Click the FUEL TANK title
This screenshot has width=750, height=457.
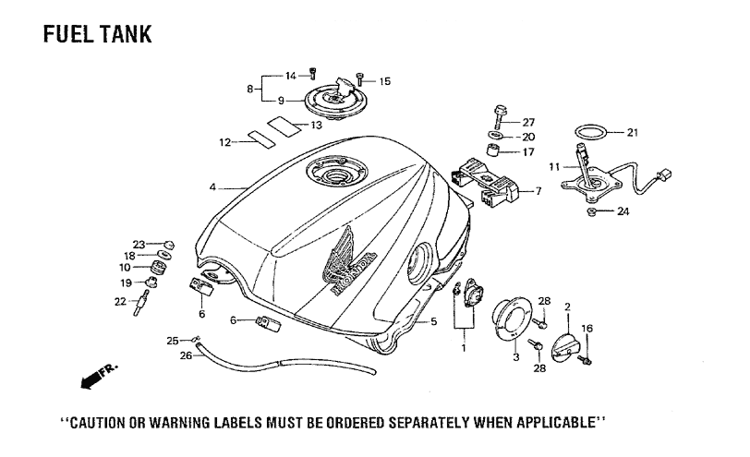[98, 34]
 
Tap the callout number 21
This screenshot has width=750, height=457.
[633, 132]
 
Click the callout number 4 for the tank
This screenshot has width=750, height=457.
[212, 187]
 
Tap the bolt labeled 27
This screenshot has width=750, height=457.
[499, 116]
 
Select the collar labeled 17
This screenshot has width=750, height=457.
[494, 150]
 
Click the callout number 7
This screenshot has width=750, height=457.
[538, 191]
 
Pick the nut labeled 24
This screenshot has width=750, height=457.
[592, 211]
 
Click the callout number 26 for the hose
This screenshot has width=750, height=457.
[186, 356]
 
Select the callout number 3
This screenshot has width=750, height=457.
[515, 357]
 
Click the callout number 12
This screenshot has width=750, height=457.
[224, 142]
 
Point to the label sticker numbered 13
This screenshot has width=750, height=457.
[284, 126]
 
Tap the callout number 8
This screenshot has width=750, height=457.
[249, 89]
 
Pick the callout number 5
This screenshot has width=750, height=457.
[433, 321]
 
